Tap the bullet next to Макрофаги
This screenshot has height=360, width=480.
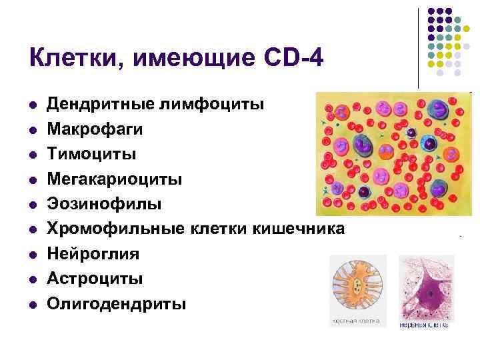tap(31, 130)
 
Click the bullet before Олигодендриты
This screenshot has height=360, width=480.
tap(31, 305)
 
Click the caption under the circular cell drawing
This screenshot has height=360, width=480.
tap(358, 322)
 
